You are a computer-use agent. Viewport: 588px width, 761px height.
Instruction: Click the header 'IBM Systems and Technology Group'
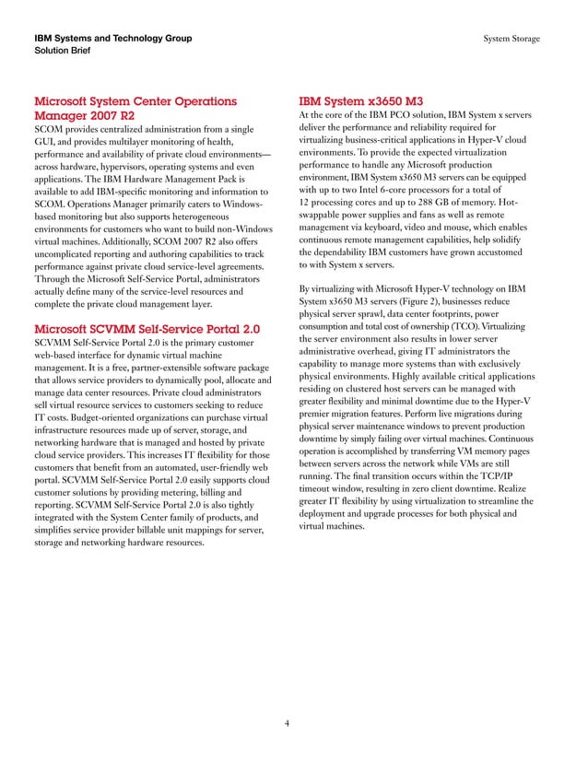click(x=112, y=38)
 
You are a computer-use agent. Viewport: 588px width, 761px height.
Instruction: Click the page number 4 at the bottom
click(x=288, y=723)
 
